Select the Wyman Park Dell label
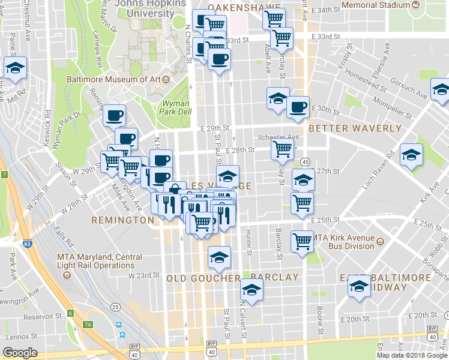coord(176,106)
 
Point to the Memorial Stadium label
coord(376,5)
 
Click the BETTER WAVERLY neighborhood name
coord(355,128)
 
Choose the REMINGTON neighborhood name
coord(122,220)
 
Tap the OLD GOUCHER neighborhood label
coord(200,278)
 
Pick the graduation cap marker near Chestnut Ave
coord(15,67)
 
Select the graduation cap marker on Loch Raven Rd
coord(412,155)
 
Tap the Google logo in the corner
coord(20,353)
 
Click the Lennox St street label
coord(26,337)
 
